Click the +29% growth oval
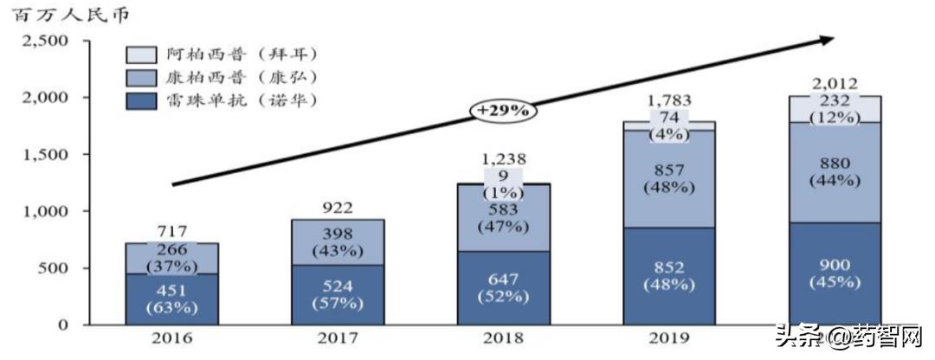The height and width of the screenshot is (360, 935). point(504,111)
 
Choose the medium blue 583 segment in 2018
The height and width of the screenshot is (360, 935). point(504,218)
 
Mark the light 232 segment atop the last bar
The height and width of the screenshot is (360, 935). point(836,109)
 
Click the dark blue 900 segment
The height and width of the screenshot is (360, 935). point(836,273)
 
